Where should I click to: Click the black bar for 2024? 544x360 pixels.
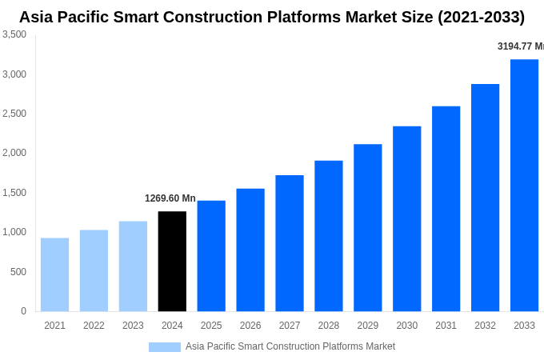click(x=172, y=262)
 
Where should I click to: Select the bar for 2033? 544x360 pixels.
click(x=524, y=186)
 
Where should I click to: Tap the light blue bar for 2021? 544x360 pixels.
click(x=54, y=274)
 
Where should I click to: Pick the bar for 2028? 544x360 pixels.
click(x=329, y=236)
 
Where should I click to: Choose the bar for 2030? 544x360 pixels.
click(x=406, y=218)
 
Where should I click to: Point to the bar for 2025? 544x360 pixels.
click(x=211, y=256)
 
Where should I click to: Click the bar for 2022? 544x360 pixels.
click(x=94, y=270)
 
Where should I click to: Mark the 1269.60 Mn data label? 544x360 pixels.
click(x=170, y=198)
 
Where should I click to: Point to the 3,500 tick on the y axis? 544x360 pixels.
click(x=14, y=34)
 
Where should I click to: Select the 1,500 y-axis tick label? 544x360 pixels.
click(x=14, y=193)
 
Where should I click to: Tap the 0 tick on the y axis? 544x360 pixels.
click(x=23, y=311)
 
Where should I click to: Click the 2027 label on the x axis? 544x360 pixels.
click(x=290, y=326)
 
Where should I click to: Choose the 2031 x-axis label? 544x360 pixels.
click(x=446, y=326)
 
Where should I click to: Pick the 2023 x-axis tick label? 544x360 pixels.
click(x=133, y=326)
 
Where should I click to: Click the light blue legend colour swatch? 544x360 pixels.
click(x=164, y=347)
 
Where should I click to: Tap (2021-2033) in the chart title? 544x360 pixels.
click(x=481, y=17)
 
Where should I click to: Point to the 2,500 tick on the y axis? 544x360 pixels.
click(x=14, y=114)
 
